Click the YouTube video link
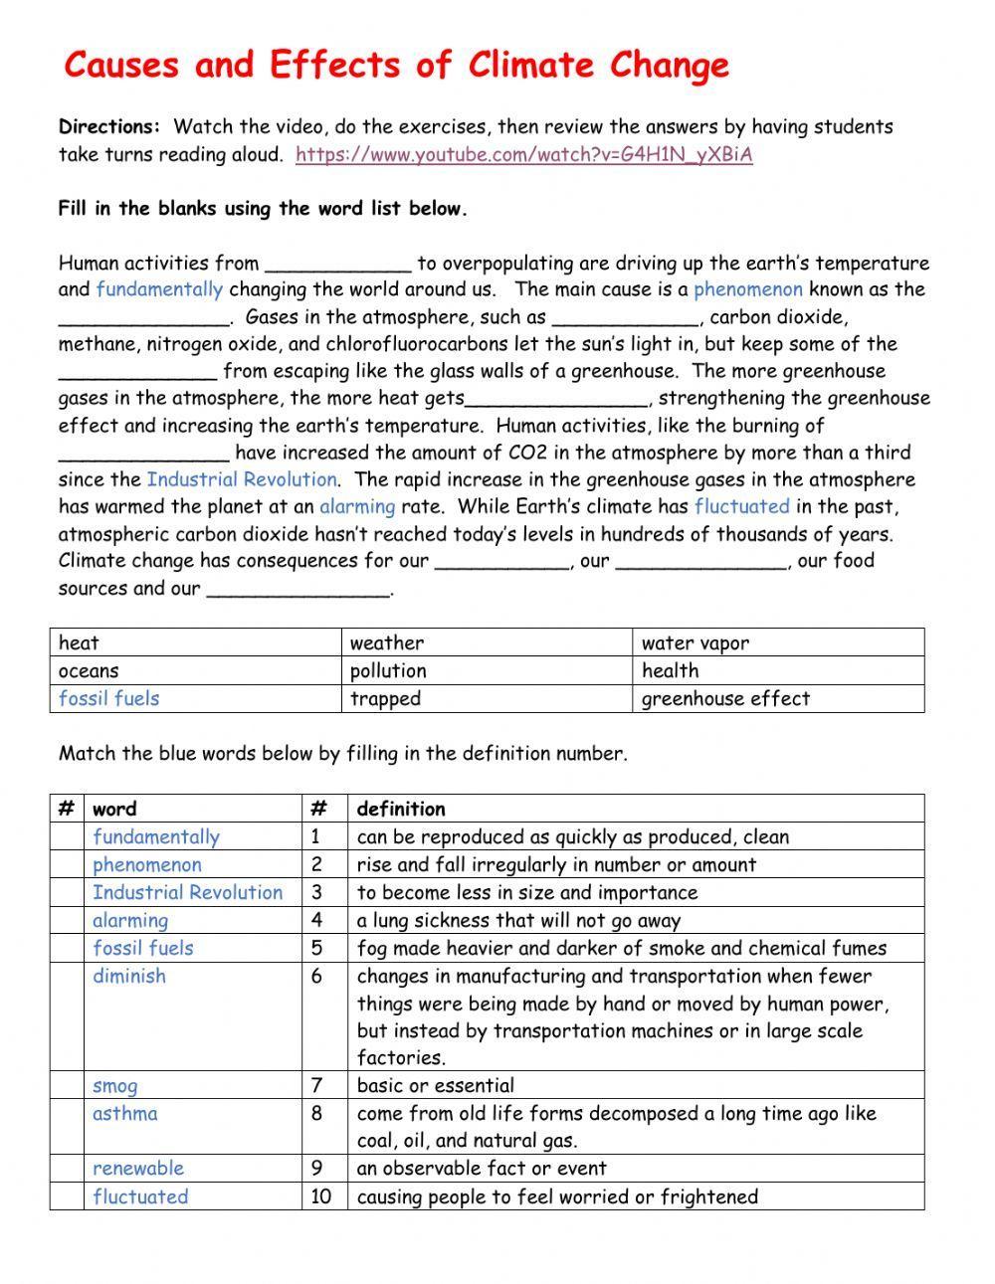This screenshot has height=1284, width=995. (523, 155)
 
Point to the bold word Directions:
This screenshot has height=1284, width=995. (109, 127)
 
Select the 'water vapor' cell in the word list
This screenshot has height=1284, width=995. (696, 643)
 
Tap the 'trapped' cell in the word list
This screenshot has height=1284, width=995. (385, 699)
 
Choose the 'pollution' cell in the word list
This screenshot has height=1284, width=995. (388, 671)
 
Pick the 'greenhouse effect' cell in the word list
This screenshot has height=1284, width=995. (725, 699)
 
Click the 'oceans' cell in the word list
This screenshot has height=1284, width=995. (89, 671)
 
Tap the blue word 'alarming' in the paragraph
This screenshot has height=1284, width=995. (357, 507)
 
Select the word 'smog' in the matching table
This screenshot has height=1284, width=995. (115, 1086)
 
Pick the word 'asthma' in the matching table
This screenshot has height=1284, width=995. (125, 1114)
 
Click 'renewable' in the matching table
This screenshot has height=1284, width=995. (138, 1169)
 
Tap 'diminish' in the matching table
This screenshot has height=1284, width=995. (129, 977)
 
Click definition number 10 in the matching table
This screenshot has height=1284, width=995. (320, 1197)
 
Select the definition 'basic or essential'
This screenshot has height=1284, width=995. (436, 1086)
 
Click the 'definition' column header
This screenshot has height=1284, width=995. (401, 810)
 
